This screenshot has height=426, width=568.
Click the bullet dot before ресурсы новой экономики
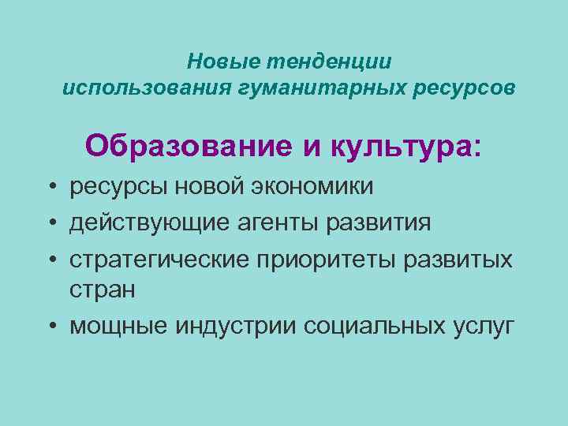50,187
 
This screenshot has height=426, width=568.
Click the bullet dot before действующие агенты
50,223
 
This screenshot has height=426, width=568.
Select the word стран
103,290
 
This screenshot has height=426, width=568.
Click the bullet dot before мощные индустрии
50,325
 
